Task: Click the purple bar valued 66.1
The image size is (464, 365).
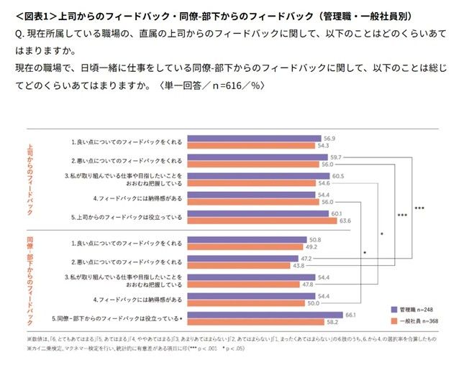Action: tap(265, 314)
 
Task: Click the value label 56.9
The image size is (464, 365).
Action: tap(332, 138)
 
